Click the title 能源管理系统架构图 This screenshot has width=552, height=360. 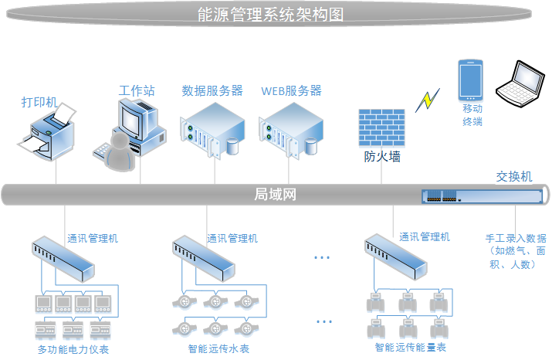point(276,15)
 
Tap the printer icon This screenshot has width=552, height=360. point(48,134)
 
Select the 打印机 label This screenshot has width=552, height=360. point(39,102)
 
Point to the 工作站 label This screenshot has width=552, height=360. point(137,91)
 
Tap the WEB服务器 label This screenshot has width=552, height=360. point(291,91)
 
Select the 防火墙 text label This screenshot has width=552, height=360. point(382,157)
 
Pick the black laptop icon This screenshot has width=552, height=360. point(520,82)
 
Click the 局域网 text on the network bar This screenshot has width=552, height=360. point(276,194)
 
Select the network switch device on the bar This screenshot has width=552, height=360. point(480,196)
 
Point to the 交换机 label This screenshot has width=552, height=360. point(514,177)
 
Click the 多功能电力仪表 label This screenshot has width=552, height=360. point(73,350)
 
